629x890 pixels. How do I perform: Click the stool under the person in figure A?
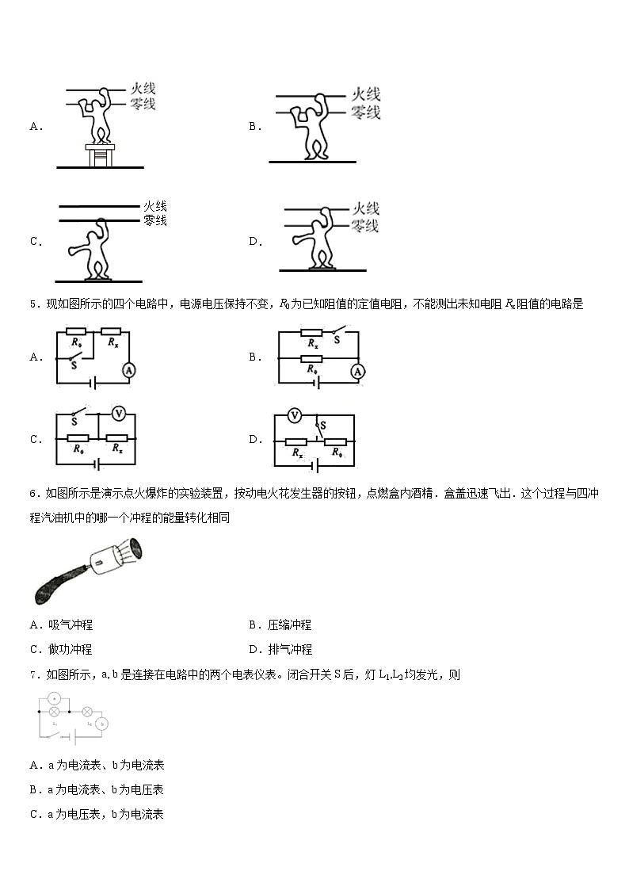point(99,155)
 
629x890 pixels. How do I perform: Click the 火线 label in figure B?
point(365,95)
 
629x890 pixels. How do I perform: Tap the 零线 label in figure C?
point(155,220)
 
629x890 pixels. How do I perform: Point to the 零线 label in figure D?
point(365,226)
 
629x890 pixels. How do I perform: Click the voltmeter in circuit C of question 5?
point(119,413)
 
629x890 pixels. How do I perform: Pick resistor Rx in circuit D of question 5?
point(297,442)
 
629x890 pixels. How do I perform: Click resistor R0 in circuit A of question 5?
point(76,333)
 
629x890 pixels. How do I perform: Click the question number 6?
point(33,494)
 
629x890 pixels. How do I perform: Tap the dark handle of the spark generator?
point(55,583)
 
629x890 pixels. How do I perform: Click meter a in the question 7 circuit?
point(54,697)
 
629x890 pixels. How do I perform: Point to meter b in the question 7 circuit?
point(101,724)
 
